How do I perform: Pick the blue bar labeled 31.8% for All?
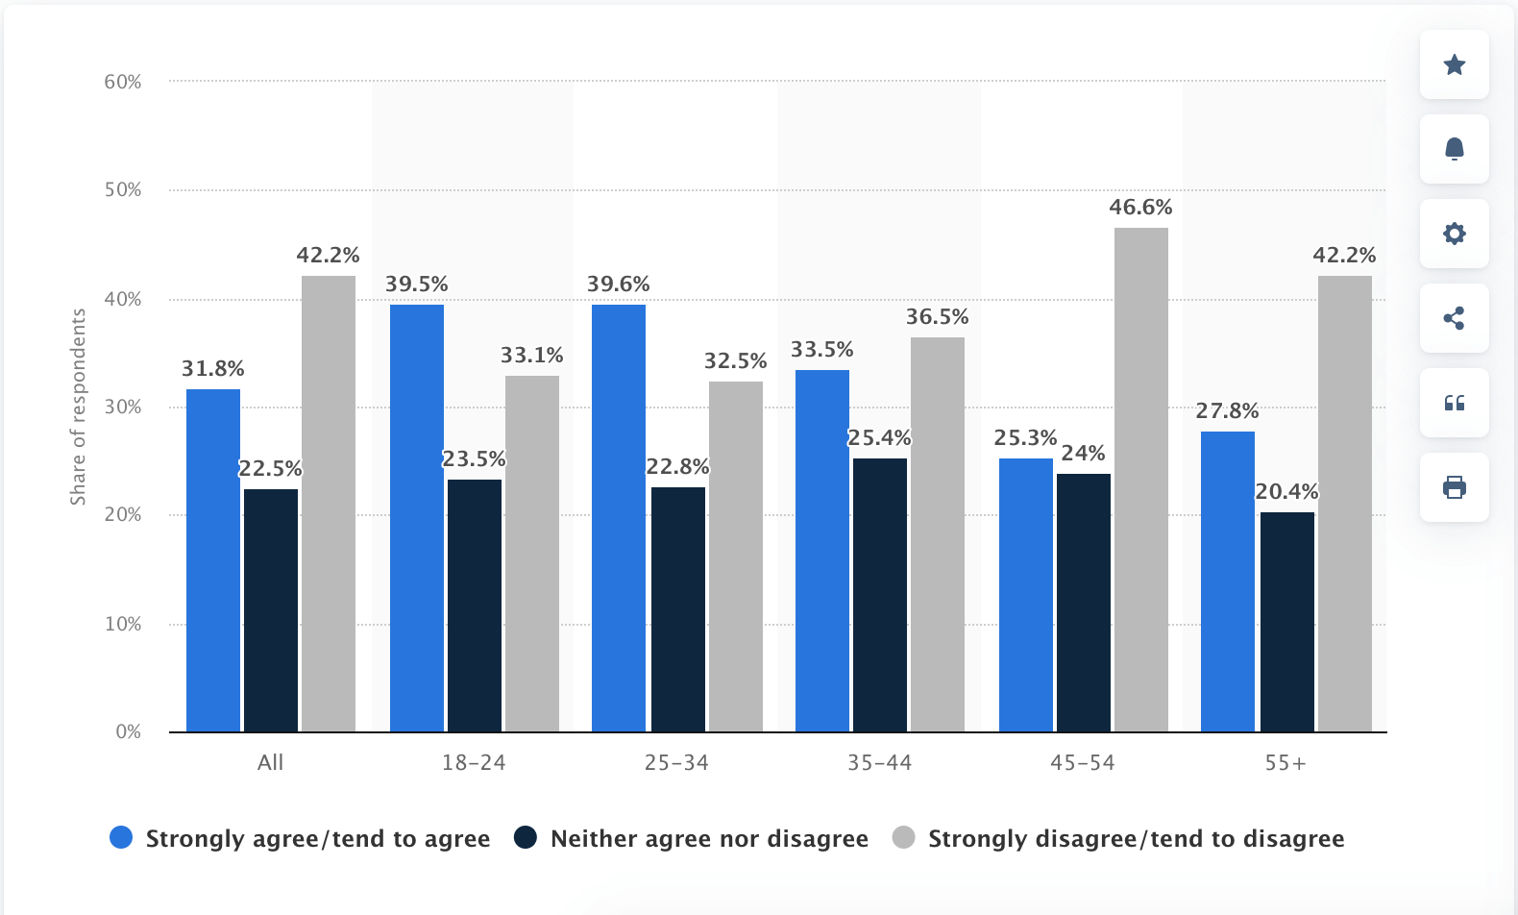(212, 559)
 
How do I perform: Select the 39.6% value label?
(618, 284)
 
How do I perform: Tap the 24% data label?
(1083, 454)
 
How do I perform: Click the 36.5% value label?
(937, 317)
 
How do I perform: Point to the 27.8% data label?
(1227, 411)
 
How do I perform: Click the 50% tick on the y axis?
(123, 190)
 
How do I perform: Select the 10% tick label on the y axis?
(123, 625)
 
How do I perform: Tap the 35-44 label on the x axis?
(879, 763)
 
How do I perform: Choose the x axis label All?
(270, 763)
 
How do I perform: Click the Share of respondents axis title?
(78, 407)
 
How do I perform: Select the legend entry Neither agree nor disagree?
(708, 839)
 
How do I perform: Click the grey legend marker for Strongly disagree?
(903, 838)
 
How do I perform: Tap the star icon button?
(1454, 64)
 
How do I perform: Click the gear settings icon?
(1454, 234)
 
